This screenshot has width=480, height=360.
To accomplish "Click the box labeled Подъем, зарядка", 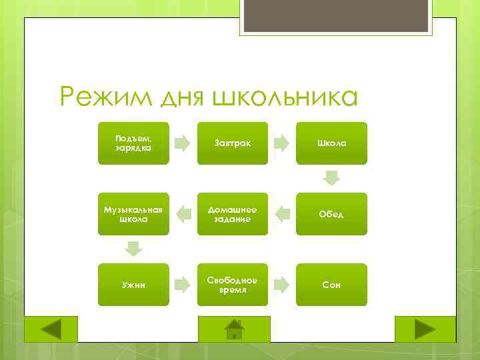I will [x=133, y=143].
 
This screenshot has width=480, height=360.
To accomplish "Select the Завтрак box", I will [x=233, y=143].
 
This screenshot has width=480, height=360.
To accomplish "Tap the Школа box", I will [x=331, y=143].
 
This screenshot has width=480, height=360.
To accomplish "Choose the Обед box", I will [x=331, y=214].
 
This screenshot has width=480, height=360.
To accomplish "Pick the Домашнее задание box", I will [x=233, y=214].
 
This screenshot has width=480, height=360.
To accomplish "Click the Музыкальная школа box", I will [x=133, y=214].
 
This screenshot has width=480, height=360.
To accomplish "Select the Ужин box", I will [x=133, y=285].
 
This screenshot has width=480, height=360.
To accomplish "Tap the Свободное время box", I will [x=233, y=285].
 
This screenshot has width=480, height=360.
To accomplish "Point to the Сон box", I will [x=331, y=285].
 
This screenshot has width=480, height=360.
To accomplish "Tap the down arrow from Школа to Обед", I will [x=331, y=178].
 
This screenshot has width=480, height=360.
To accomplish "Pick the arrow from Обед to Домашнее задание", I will [x=282, y=214].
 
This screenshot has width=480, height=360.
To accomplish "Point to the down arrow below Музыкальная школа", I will [x=134, y=249].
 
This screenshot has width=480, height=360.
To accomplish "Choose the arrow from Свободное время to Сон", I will [x=282, y=285].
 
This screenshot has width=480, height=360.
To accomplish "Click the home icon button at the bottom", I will [x=234, y=329].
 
